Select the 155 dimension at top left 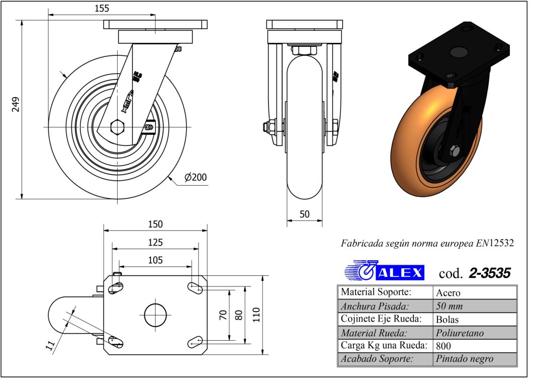pos(101,8)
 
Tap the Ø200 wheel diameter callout pos(196,177)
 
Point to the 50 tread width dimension pos(304,214)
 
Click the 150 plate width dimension pos(155,224)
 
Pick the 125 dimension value pos(155,243)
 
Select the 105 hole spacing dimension pos(155,260)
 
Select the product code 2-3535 pos(489,273)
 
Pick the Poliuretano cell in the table pos(460,333)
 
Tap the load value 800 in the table pos(444,346)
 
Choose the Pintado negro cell pos(465,359)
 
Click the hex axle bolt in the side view pos(117,127)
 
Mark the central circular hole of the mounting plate pos(155,315)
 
